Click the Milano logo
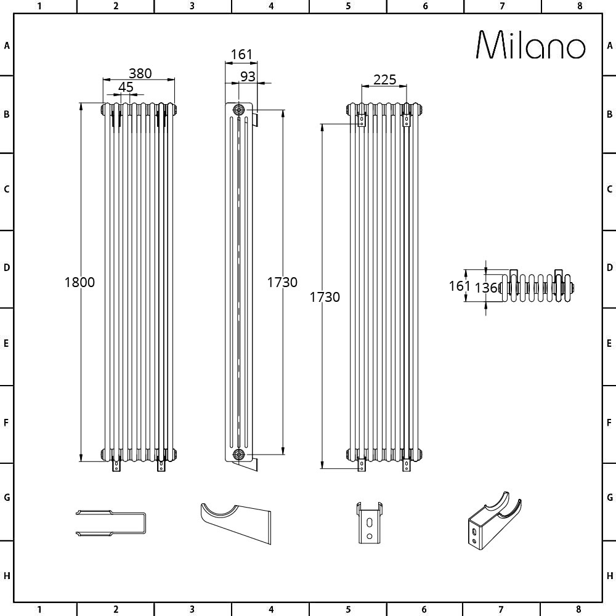[x=531, y=45]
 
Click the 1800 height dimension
[x=79, y=282]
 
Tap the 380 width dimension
[x=140, y=73]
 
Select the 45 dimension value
[x=126, y=87]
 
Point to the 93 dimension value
[x=248, y=76]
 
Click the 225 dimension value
[x=384, y=79]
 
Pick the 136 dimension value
[x=486, y=288]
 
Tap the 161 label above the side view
[x=241, y=55]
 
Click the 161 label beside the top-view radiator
[x=460, y=286]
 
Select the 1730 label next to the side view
[x=282, y=282]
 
